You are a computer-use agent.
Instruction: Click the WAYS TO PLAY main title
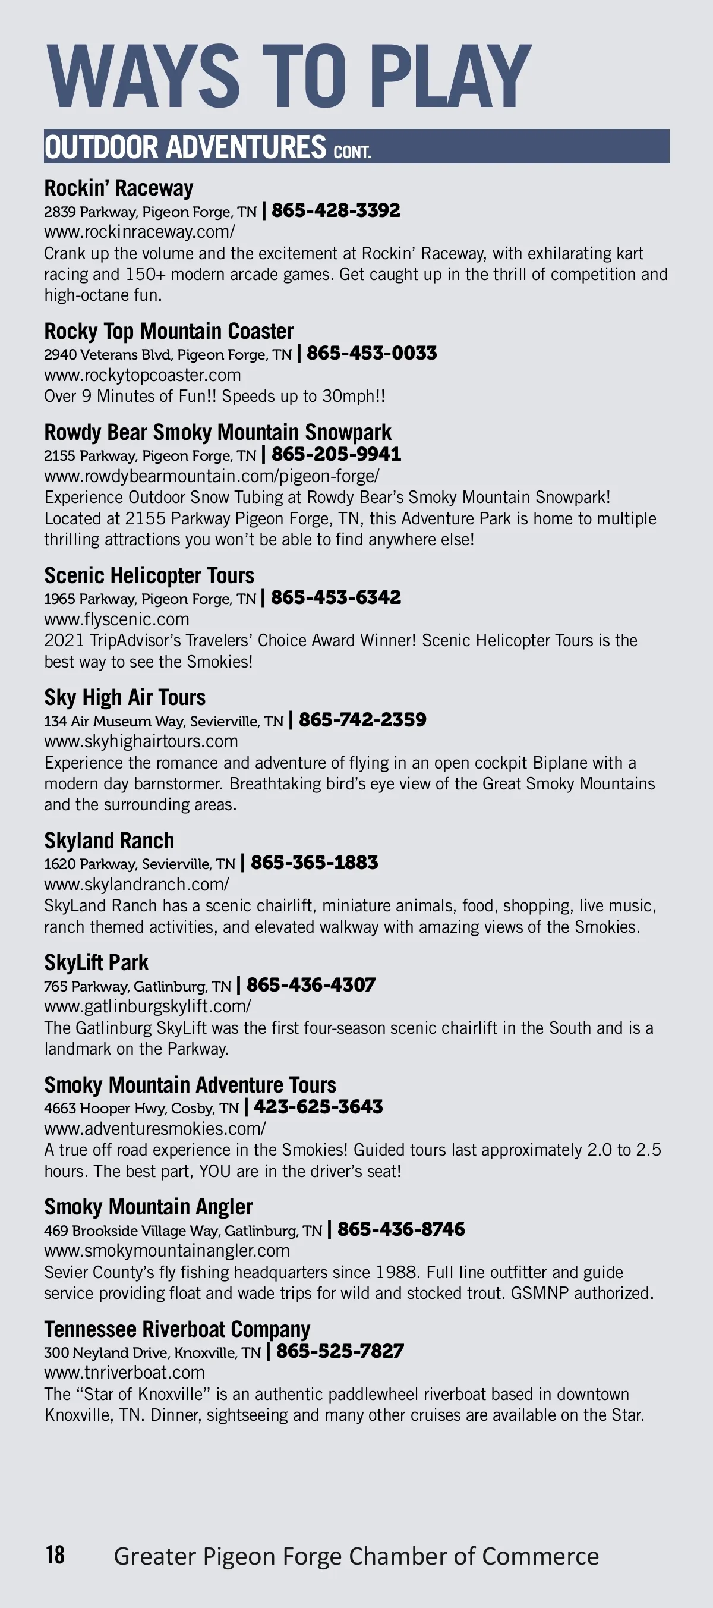288,76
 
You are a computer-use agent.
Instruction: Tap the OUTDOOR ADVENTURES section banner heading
207,147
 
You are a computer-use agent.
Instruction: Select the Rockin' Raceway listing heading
118,188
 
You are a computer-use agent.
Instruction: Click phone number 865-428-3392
336,210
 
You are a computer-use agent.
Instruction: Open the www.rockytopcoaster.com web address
142,375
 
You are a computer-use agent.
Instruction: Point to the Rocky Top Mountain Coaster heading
168,331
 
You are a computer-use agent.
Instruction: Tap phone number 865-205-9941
336,454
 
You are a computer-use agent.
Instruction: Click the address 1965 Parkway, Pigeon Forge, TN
150,599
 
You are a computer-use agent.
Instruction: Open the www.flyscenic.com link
116,619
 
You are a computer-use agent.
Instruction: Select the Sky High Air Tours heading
125,697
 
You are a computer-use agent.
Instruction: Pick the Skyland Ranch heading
109,841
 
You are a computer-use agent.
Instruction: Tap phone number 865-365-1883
314,863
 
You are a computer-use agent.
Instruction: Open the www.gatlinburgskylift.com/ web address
148,1006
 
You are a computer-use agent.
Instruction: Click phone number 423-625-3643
318,1107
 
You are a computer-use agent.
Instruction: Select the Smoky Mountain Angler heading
149,1207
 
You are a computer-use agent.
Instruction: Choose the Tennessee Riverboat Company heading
177,1330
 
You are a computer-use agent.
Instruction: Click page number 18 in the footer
55,1554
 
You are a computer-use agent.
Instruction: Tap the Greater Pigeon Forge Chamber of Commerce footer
356,1556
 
